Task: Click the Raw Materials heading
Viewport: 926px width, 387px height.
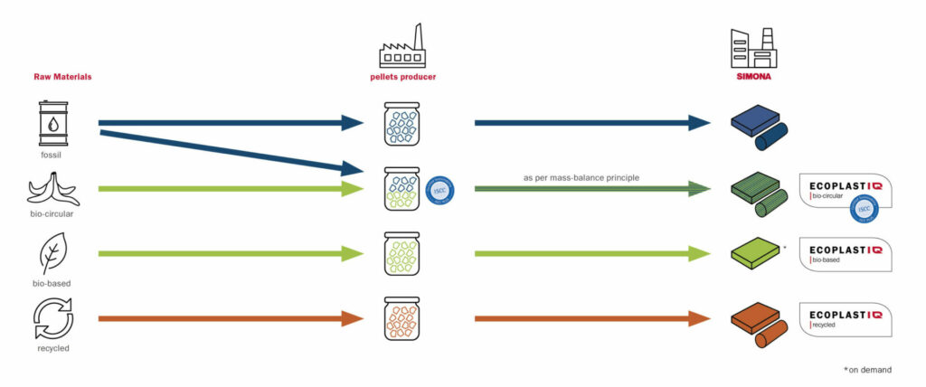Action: click(x=62, y=77)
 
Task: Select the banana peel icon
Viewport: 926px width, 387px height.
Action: click(x=49, y=189)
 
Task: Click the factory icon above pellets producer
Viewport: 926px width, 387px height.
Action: click(x=402, y=44)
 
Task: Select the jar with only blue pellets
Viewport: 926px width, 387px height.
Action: click(x=402, y=124)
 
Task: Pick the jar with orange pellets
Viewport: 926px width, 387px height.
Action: click(x=402, y=318)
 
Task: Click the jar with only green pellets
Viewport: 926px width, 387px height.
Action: click(x=402, y=255)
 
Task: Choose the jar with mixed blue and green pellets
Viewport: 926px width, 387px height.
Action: click(x=402, y=189)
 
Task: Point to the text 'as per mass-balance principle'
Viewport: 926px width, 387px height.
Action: click(x=580, y=177)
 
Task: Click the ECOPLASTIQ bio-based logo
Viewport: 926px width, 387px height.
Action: click(x=846, y=254)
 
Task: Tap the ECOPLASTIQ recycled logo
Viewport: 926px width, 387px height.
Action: click(x=846, y=317)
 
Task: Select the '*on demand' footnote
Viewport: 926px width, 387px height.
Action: click(x=867, y=369)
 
